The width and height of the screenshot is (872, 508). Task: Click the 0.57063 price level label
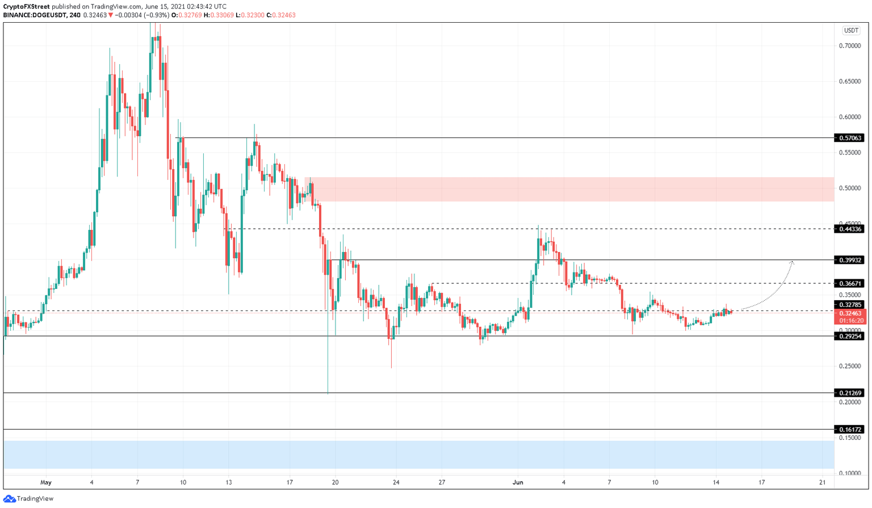click(x=850, y=138)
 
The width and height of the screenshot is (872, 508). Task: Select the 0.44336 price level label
click(x=850, y=229)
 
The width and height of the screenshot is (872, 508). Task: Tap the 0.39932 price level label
click(x=850, y=260)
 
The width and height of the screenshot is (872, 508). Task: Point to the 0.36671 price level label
click(x=850, y=283)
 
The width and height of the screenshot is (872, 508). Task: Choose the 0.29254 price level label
click(x=850, y=336)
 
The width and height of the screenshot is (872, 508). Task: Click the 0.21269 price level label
click(x=850, y=393)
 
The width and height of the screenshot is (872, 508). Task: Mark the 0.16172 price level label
click(x=850, y=430)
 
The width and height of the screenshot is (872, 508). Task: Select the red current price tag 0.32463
click(x=850, y=313)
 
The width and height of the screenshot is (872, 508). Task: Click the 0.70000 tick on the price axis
click(x=850, y=46)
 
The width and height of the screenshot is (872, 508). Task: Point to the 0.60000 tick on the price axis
click(x=850, y=117)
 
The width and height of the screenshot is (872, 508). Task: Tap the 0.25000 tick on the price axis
click(x=850, y=366)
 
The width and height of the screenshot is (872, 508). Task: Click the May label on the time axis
click(x=46, y=482)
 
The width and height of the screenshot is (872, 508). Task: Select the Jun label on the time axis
click(x=518, y=482)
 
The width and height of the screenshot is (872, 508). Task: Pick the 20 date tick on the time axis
click(x=336, y=482)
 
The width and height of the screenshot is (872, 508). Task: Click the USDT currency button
click(x=850, y=31)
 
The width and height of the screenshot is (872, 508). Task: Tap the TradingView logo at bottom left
click(x=28, y=499)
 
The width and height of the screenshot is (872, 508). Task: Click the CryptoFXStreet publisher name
click(x=27, y=7)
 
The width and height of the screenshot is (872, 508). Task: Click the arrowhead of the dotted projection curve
click(x=792, y=262)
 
